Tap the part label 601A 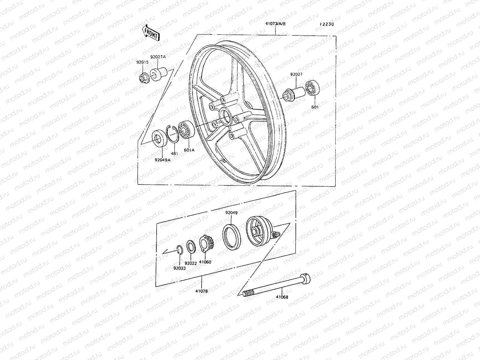click(x=189, y=150)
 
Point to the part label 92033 click(x=179, y=268)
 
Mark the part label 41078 click(x=201, y=291)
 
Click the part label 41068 click(x=282, y=298)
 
